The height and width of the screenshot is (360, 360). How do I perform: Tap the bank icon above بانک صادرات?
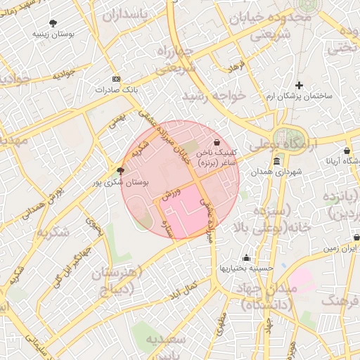coord(116,79)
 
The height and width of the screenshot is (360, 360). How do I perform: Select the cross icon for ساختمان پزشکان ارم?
coord(299,85)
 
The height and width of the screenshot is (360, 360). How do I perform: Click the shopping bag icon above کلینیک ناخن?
coord(216,142)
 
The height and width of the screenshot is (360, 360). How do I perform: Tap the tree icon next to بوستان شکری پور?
coord(120,170)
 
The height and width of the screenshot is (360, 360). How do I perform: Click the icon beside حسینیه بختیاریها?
coord(245,257)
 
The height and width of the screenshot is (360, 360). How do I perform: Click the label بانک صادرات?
coord(115,89)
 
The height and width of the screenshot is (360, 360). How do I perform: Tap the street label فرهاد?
coord(235,67)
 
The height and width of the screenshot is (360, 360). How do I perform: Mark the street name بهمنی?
coord(117,122)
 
